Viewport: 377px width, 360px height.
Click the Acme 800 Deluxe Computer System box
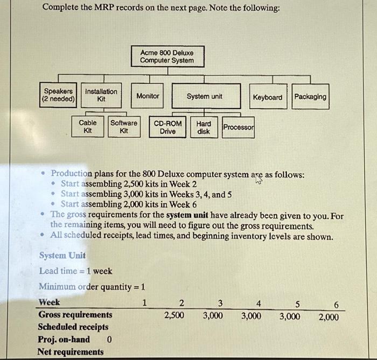(166, 57)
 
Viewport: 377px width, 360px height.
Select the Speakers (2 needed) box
(59, 96)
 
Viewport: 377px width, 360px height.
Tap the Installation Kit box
(101, 96)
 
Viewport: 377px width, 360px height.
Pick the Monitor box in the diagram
(148, 96)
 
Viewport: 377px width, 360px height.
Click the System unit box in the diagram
(204, 96)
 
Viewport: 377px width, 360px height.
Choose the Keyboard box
(267, 97)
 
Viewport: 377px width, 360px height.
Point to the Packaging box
(310, 97)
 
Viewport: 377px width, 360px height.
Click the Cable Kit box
(88, 127)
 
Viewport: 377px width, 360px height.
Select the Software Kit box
(124, 127)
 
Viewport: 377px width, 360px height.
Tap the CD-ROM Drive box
(167, 127)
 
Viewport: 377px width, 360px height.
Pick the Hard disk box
(204, 127)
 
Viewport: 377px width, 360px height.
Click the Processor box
(239, 127)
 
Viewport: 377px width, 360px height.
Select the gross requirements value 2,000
(329, 316)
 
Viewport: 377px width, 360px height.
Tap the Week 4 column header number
(259, 303)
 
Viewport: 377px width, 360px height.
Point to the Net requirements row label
(71, 352)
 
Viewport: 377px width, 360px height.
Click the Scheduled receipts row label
(73, 327)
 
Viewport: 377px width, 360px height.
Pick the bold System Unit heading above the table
(62, 256)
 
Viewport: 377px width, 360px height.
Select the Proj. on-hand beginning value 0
(109, 340)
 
